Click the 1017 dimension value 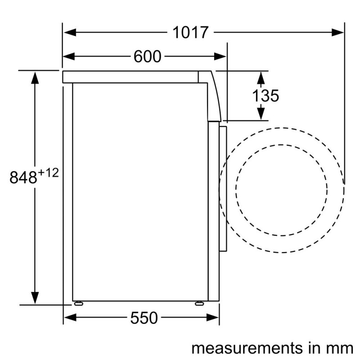tap(190, 32)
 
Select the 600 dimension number tap(148, 57)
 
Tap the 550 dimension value tap(144, 318)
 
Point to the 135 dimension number tap(265, 95)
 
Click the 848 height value tap(23, 177)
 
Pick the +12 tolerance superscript tap(49, 173)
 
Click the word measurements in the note tap(247, 348)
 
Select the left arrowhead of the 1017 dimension tap(70, 32)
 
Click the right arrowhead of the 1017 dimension tap(337, 32)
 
